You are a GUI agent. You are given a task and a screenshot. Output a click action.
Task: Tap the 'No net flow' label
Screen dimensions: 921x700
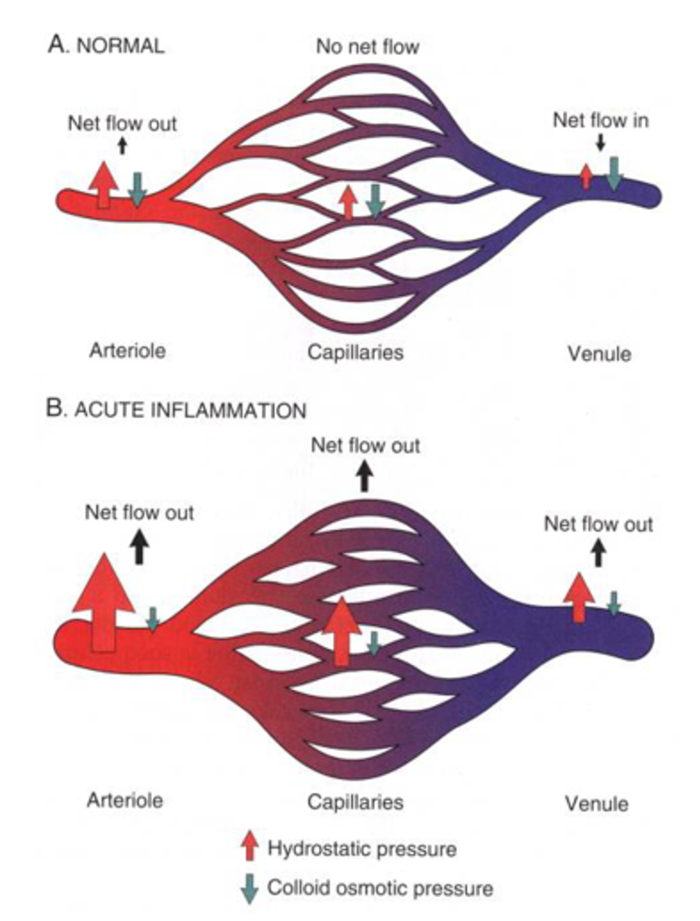pyautogui.click(x=368, y=47)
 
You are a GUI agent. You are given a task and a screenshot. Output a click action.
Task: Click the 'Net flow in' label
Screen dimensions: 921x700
pyautogui.click(x=601, y=120)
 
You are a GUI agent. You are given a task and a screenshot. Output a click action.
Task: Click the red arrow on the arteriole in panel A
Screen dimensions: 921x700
pyautogui.click(x=104, y=183)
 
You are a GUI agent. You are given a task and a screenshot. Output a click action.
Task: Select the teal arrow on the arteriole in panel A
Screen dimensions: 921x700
pyautogui.click(x=137, y=189)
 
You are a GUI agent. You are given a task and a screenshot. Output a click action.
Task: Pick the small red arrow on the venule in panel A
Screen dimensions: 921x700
pyautogui.click(x=586, y=176)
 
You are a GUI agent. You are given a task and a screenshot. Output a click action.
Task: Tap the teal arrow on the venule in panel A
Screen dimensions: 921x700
pyautogui.click(x=613, y=173)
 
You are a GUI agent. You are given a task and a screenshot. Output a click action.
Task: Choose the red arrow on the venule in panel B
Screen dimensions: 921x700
pyautogui.click(x=579, y=595)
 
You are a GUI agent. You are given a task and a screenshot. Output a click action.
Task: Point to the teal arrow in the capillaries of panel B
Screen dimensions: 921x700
pyautogui.click(x=374, y=643)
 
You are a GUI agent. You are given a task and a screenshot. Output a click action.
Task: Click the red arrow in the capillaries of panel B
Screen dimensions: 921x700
pyautogui.click(x=341, y=631)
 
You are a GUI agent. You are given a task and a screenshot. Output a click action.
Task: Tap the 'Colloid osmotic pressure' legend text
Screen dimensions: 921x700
pyautogui.click(x=379, y=889)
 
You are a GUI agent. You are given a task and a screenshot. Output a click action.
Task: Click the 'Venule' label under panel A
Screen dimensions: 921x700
pyautogui.click(x=599, y=354)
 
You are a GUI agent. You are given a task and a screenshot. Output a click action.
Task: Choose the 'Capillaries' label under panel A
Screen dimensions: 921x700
pyautogui.click(x=355, y=353)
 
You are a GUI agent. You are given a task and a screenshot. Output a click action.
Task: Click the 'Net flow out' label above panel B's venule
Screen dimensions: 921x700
pyautogui.click(x=598, y=525)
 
